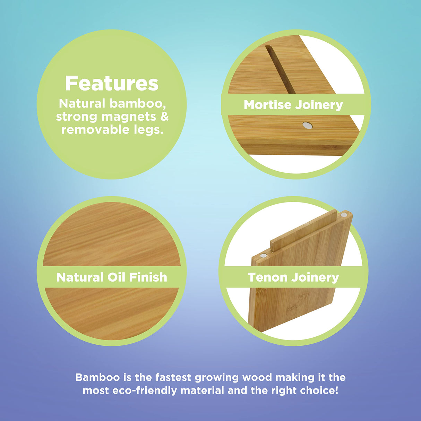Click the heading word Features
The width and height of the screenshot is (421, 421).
click(112, 84)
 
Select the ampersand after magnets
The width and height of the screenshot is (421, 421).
click(164, 117)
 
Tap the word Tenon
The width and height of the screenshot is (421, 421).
click(267, 277)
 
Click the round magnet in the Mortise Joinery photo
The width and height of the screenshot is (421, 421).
click(307, 126)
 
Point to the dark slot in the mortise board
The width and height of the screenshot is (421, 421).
click(280, 69)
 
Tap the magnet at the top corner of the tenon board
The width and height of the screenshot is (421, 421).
click(344, 215)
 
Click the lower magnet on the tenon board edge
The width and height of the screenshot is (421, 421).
click(263, 256)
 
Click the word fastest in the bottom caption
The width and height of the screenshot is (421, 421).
click(173, 377)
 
